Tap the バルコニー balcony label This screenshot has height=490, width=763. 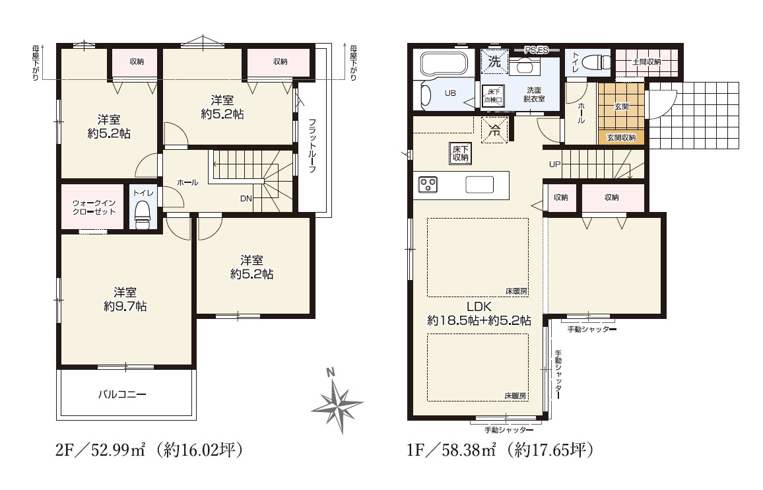tap(122, 394)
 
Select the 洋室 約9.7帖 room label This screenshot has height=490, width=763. tap(125, 299)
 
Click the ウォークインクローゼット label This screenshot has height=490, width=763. tap(94, 207)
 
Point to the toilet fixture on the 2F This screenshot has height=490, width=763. tap(142, 215)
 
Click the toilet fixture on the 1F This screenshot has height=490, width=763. tap(596, 62)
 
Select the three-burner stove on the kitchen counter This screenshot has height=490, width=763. tap(428, 185)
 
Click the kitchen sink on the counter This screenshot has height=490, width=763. tap(479, 185)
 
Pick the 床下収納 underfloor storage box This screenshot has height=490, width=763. tap(460, 153)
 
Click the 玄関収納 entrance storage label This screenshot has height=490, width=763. tap(621, 138)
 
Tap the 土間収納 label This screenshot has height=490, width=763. tap(646, 62)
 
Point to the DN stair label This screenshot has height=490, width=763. tap(246, 198)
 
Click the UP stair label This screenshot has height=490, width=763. tap(554, 164)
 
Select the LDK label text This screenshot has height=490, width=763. tap(479, 307)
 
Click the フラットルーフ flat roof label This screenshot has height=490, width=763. tap(312, 146)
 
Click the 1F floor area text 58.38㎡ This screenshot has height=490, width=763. tap(468, 450)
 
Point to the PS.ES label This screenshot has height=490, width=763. tap(537, 50)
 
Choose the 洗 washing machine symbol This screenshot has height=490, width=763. tap(494, 61)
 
